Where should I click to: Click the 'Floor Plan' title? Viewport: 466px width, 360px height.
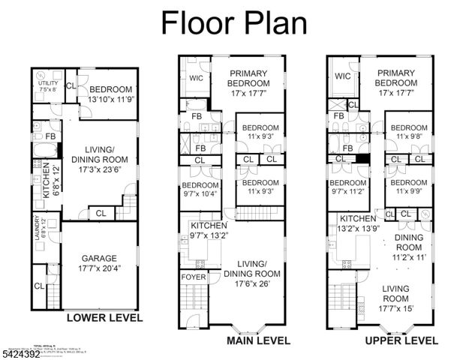click(x=234, y=22)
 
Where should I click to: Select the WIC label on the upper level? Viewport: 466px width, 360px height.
click(x=342, y=76)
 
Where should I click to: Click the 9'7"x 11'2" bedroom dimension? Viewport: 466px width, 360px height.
click(x=348, y=192)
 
